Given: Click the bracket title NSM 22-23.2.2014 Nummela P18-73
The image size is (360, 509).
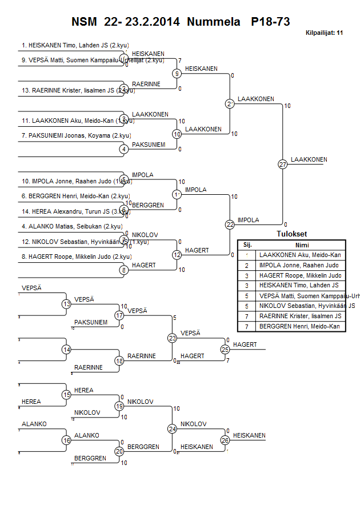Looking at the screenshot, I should coord(181,22).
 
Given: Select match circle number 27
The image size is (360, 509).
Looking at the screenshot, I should coord(282,164).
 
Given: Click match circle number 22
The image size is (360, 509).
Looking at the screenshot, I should coord(230,225).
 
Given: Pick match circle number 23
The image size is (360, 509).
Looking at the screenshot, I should coord(173,338).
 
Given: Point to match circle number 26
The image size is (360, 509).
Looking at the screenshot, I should coord(225,440).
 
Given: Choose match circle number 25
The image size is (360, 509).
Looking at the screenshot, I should coord(225,348).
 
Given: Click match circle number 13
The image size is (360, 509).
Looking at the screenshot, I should coord(67,304).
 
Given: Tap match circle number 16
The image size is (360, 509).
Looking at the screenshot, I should coord(67,440).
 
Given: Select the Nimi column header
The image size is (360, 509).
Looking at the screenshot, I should coord(299,244).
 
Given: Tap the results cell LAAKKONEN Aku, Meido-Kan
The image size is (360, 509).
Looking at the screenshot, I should coord(299,255).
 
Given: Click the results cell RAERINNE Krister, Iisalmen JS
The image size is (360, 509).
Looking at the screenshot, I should coord(299,316).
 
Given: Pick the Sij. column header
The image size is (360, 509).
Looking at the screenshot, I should coord(247,244).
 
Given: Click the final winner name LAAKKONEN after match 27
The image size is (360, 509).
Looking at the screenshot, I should coord(309,159).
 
